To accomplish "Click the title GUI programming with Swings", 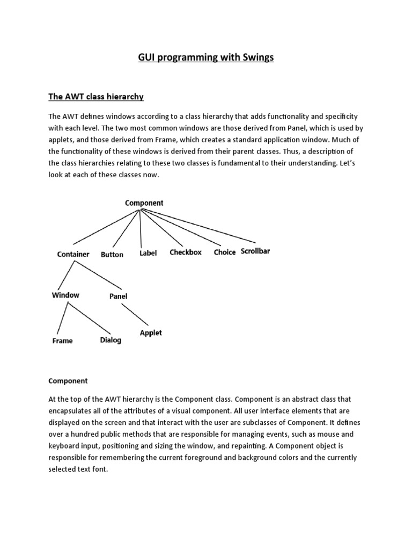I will coord(206,58).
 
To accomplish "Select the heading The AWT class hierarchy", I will coord(96,97).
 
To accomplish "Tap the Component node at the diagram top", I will coord(144,203).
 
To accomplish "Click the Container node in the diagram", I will coord(73,254).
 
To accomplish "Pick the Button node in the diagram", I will coord(112,255).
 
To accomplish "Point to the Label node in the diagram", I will coord(148,253).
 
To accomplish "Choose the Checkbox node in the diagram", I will coord(186,252).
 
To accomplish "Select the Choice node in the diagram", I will coord(225,252).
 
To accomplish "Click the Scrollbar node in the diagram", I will coord(255,251).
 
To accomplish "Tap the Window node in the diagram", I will coord(65,295).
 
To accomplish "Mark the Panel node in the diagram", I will coord(118,296).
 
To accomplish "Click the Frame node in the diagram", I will coord(62,341).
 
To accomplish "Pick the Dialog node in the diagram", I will coord(111,340).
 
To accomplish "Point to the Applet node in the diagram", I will coord(151,332).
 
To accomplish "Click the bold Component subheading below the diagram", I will coord(68,381).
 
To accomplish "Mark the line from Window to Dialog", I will coord(89,319).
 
